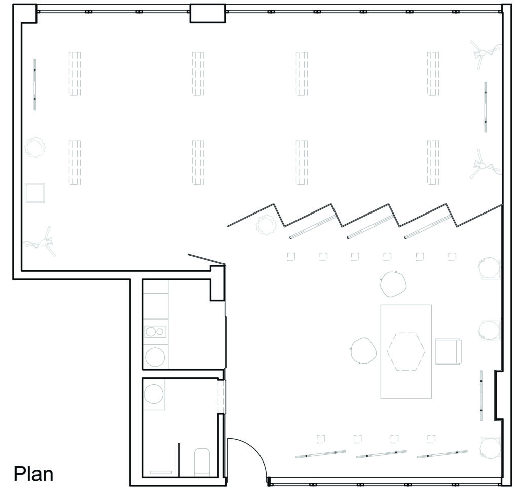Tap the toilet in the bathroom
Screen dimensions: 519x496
(202, 462)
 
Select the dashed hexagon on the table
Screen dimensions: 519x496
(406, 351)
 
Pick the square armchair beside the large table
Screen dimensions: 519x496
(449, 351)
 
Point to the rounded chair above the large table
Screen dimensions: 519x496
(393, 284)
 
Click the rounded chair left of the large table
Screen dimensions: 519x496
(363, 350)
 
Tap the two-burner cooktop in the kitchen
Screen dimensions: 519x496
(156, 332)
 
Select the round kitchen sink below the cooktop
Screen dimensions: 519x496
(155, 357)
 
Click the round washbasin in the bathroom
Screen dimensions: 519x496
(154, 394)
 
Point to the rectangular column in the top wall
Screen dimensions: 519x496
(207, 13)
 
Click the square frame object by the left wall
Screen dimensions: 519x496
(35, 193)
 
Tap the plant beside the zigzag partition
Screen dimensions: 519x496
(266, 225)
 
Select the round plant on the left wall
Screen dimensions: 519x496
(35, 148)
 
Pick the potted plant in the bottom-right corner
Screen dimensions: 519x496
(490, 448)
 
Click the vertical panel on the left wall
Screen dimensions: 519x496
(35, 85)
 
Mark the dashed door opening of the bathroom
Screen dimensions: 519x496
(221, 397)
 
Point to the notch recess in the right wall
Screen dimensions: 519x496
(499, 396)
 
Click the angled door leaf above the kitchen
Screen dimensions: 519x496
(207, 259)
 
